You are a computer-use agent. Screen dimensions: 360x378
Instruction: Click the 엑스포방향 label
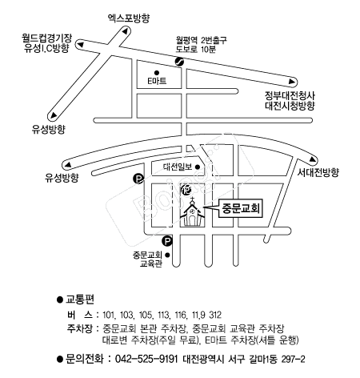click(129, 18)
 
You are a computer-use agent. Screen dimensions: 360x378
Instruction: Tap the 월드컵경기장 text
click(47, 38)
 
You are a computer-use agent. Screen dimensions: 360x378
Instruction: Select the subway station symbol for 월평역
click(179, 62)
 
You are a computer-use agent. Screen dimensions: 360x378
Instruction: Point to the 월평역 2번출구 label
click(201, 40)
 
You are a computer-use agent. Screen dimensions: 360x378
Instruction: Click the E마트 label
click(157, 81)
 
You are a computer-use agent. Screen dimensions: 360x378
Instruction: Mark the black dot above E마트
click(157, 73)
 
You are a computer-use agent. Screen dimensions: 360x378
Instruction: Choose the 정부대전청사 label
click(290, 95)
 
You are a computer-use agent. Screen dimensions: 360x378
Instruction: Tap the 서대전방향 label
click(318, 173)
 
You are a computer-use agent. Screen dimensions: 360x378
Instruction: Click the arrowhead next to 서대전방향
click(313, 159)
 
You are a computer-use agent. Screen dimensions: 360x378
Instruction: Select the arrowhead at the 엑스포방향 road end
click(126, 30)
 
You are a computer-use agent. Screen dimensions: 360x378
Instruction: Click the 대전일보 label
click(178, 167)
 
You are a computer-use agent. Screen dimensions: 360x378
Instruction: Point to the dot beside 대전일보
click(198, 167)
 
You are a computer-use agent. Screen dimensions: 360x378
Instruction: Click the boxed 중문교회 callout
click(241, 208)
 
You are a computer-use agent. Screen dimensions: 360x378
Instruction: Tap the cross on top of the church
click(192, 199)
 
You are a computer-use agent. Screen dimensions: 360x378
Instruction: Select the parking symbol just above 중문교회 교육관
click(167, 241)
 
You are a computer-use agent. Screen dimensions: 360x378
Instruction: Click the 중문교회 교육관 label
click(147, 259)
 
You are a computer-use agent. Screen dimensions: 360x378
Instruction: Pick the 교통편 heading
click(80, 300)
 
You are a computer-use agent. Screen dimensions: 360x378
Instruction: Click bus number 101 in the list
click(109, 315)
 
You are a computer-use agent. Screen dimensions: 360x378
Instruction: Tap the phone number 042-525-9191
click(146, 359)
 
